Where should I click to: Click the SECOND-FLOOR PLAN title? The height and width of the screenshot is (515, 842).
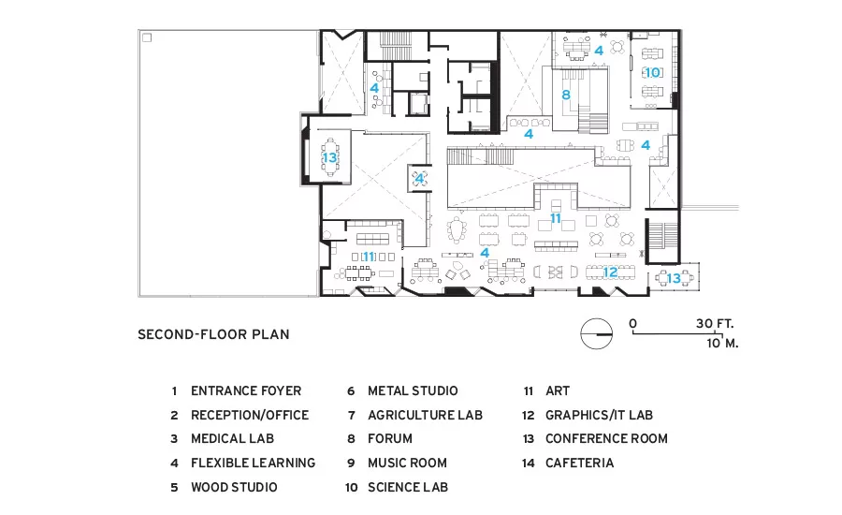[x=213, y=334]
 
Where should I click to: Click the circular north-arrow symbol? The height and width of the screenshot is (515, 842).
[x=597, y=334]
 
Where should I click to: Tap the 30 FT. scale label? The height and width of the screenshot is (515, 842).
[x=715, y=324]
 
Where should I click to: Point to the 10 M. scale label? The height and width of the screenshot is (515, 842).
[x=722, y=343]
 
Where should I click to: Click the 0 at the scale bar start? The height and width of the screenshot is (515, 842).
[x=633, y=324]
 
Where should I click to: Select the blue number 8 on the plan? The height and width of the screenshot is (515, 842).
[x=565, y=96]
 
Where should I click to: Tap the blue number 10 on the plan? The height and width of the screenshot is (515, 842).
[x=652, y=72]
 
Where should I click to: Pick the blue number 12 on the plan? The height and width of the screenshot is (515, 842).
[x=610, y=272]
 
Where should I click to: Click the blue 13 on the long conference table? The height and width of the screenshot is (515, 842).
[x=329, y=157]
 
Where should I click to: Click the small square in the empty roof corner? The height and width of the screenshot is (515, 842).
[x=147, y=37]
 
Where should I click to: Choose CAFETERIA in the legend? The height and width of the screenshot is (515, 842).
[x=579, y=463]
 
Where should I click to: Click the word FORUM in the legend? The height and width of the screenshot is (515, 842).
[x=390, y=438]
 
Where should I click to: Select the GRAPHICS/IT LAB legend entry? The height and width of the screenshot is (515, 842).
[x=600, y=415]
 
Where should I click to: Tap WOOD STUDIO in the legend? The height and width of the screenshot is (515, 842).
[x=234, y=487]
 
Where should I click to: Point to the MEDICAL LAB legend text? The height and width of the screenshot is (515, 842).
[x=233, y=438]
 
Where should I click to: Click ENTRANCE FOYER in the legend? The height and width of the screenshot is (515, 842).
[x=246, y=390]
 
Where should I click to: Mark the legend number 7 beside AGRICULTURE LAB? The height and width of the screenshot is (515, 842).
[x=351, y=416]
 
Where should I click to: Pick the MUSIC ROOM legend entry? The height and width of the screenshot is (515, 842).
[x=407, y=463]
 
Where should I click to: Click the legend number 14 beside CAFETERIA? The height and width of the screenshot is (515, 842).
[x=529, y=463]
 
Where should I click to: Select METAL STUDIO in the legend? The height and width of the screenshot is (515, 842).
[x=413, y=390]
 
